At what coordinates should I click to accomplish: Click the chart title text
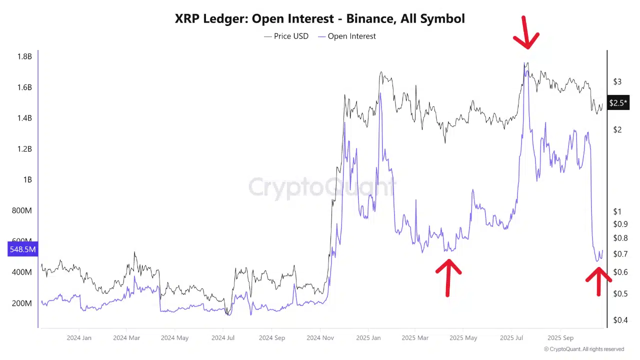pyautogui.click(x=320, y=19)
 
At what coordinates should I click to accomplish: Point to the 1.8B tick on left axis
pyautogui.click(x=24, y=56)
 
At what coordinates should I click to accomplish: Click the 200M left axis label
pyautogui.click(x=21, y=303)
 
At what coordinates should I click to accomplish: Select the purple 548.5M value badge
pyautogui.click(x=22, y=249)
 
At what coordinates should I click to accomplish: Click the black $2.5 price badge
pyautogui.click(x=617, y=103)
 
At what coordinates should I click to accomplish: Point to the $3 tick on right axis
pyautogui.click(x=617, y=81)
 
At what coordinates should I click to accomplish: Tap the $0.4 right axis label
pyautogui.click(x=620, y=319)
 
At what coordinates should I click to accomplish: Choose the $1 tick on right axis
pyautogui.click(x=617, y=212)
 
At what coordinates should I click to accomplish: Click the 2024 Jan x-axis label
pyautogui.click(x=79, y=338)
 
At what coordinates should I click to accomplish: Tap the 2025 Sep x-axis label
pyautogui.click(x=561, y=338)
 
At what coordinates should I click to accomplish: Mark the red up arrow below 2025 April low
pyautogui.click(x=448, y=276)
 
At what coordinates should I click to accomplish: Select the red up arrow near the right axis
pyautogui.click(x=598, y=281)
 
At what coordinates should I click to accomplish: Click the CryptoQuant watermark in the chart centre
pyautogui.click(x=320, y=187)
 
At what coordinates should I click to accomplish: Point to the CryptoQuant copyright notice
pyautogui.click(x=584, y=349)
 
